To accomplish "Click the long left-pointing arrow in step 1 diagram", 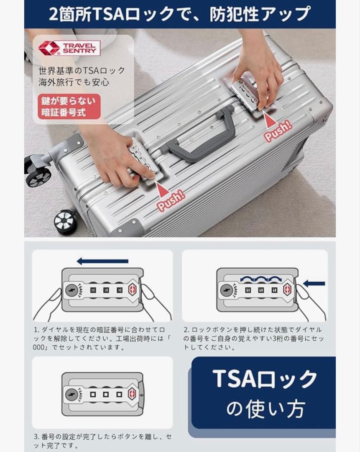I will tap(102, 261).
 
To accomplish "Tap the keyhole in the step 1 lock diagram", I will tap(71, 289).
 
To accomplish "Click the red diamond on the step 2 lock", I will tap(287, 289).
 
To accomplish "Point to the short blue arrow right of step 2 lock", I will tap(314, 284).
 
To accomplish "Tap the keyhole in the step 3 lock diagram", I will tap(71, 394).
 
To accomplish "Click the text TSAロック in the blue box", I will tap(264, 380).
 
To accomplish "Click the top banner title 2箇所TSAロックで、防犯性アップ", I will tap(180, 14).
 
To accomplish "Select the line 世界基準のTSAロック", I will tap(82, 70).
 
